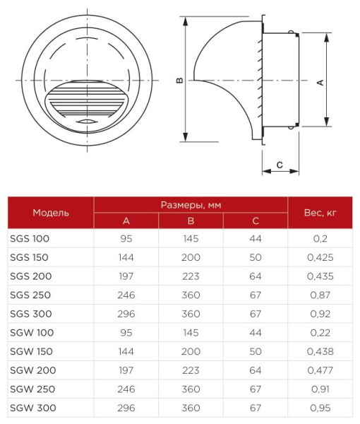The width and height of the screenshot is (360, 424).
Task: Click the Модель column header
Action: point(51,212)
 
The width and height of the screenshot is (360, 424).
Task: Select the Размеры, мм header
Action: point(191,204)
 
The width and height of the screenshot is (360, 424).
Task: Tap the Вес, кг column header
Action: point(320,212)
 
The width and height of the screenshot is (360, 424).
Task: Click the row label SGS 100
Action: point(30,238)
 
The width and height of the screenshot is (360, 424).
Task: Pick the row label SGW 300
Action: point(32,408)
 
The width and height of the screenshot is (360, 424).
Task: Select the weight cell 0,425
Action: point(320,257)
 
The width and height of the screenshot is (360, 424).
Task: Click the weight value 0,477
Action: point(320,370)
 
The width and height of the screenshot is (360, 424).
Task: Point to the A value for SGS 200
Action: point(127,276)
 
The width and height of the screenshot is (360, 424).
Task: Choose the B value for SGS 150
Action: point(191,257)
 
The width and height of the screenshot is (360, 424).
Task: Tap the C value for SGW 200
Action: point(256,370)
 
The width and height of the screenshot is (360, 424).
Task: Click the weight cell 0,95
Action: point(320,408)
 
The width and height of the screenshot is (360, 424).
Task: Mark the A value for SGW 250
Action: point(127,389)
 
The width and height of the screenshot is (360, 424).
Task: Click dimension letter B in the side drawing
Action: point(180,81)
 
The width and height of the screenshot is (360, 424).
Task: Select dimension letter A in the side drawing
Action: point(319,82)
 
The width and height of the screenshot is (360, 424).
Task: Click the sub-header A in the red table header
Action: point(127,220)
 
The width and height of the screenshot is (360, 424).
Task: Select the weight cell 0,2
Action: point(320,238)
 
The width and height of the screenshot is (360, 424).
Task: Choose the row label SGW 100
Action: point(32,332)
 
